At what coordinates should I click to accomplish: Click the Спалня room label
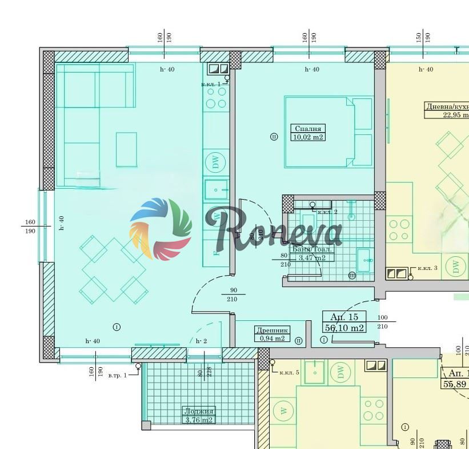[308, 129]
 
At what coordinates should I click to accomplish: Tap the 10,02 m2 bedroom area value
[308, 137]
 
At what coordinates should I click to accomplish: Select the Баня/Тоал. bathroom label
[311, 249]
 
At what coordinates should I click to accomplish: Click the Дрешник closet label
[272, 331]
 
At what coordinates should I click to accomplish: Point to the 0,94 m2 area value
[272, 338]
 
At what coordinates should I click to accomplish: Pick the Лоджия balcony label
[198, 411]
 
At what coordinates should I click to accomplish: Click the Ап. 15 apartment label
[344, 317]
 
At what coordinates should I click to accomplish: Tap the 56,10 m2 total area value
[344, 328]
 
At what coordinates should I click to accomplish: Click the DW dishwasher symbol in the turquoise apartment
[216, 162]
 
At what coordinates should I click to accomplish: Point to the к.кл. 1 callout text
[211, 84]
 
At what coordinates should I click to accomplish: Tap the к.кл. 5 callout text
[290, 373]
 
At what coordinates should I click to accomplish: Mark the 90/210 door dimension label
[233, 295]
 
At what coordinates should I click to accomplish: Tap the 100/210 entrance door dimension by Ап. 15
[382, 322]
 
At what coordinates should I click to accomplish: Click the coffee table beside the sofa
[126, 149]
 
